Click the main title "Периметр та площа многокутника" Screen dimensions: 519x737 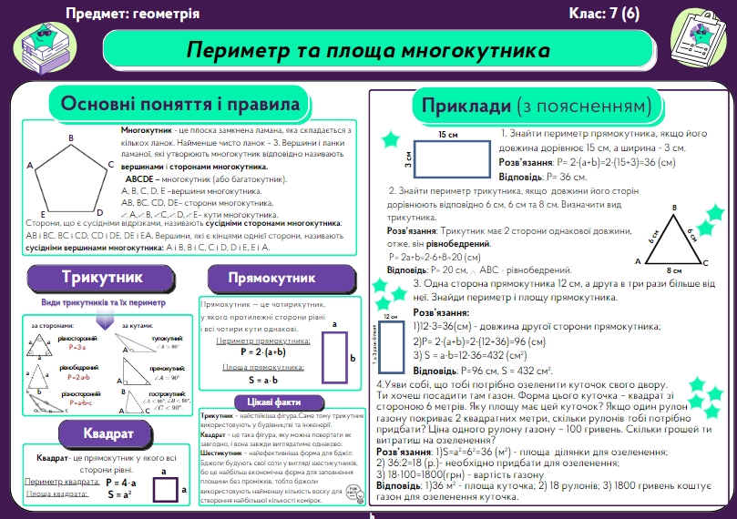(x=368, y=49)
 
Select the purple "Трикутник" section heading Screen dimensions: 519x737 (x=102, y=277)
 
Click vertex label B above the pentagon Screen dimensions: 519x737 (x=71, y=137)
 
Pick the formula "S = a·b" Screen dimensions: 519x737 (x=262, y=379)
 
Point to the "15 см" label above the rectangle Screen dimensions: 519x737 (x=448, y=135)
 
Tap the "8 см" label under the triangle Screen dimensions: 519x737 (x=674, y=270)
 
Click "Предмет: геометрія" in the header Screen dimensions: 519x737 (x=133, y=14)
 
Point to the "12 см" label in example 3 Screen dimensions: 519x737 (x=391, y=316)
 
